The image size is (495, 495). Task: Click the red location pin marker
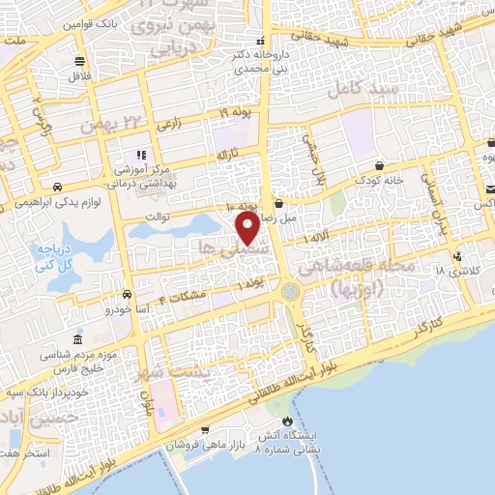pyautogui.click(x=247, y=229)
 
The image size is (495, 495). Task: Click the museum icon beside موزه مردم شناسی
pyautogui.click(x=78, y=342)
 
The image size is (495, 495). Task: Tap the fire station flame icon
pyautogui.click(x=286, y=422)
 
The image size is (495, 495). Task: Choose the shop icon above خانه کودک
pyautogui.click(x=378, y=165)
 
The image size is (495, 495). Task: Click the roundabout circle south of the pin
pyautogui.click(x=289, y=291)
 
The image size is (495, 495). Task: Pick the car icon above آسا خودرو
pyautogui.click(x=126, y=295)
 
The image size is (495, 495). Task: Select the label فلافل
pyautogui.click(x=77, y=75)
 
